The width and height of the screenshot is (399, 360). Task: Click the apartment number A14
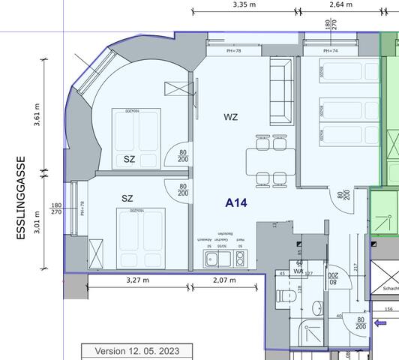(x=236, y=202)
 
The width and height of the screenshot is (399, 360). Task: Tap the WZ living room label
(x=230, y=117)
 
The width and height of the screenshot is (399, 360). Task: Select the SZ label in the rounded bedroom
(x=130, y=159)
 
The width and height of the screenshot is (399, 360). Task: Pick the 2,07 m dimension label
(x=223, y=280)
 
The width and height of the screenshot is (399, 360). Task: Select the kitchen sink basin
(x=212, y=259)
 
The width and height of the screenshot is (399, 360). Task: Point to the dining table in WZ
(x=270, y=159)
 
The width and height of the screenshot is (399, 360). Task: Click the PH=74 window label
(x=331, y=51)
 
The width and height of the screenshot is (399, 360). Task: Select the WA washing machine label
(x=298, y=271)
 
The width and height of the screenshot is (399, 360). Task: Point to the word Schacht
(x=390, y=289)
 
